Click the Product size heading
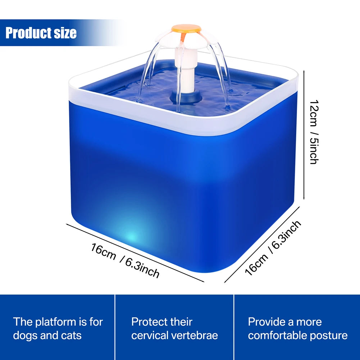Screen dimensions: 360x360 41,33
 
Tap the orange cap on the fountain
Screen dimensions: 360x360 186,28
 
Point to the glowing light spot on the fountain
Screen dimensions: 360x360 132,237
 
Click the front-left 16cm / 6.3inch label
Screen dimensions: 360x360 125,260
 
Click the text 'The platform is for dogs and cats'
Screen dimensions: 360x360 58,328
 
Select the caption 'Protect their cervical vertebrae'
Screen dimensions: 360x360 174,328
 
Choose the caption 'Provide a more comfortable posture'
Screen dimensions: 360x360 297,328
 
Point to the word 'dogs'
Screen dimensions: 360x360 26,336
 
